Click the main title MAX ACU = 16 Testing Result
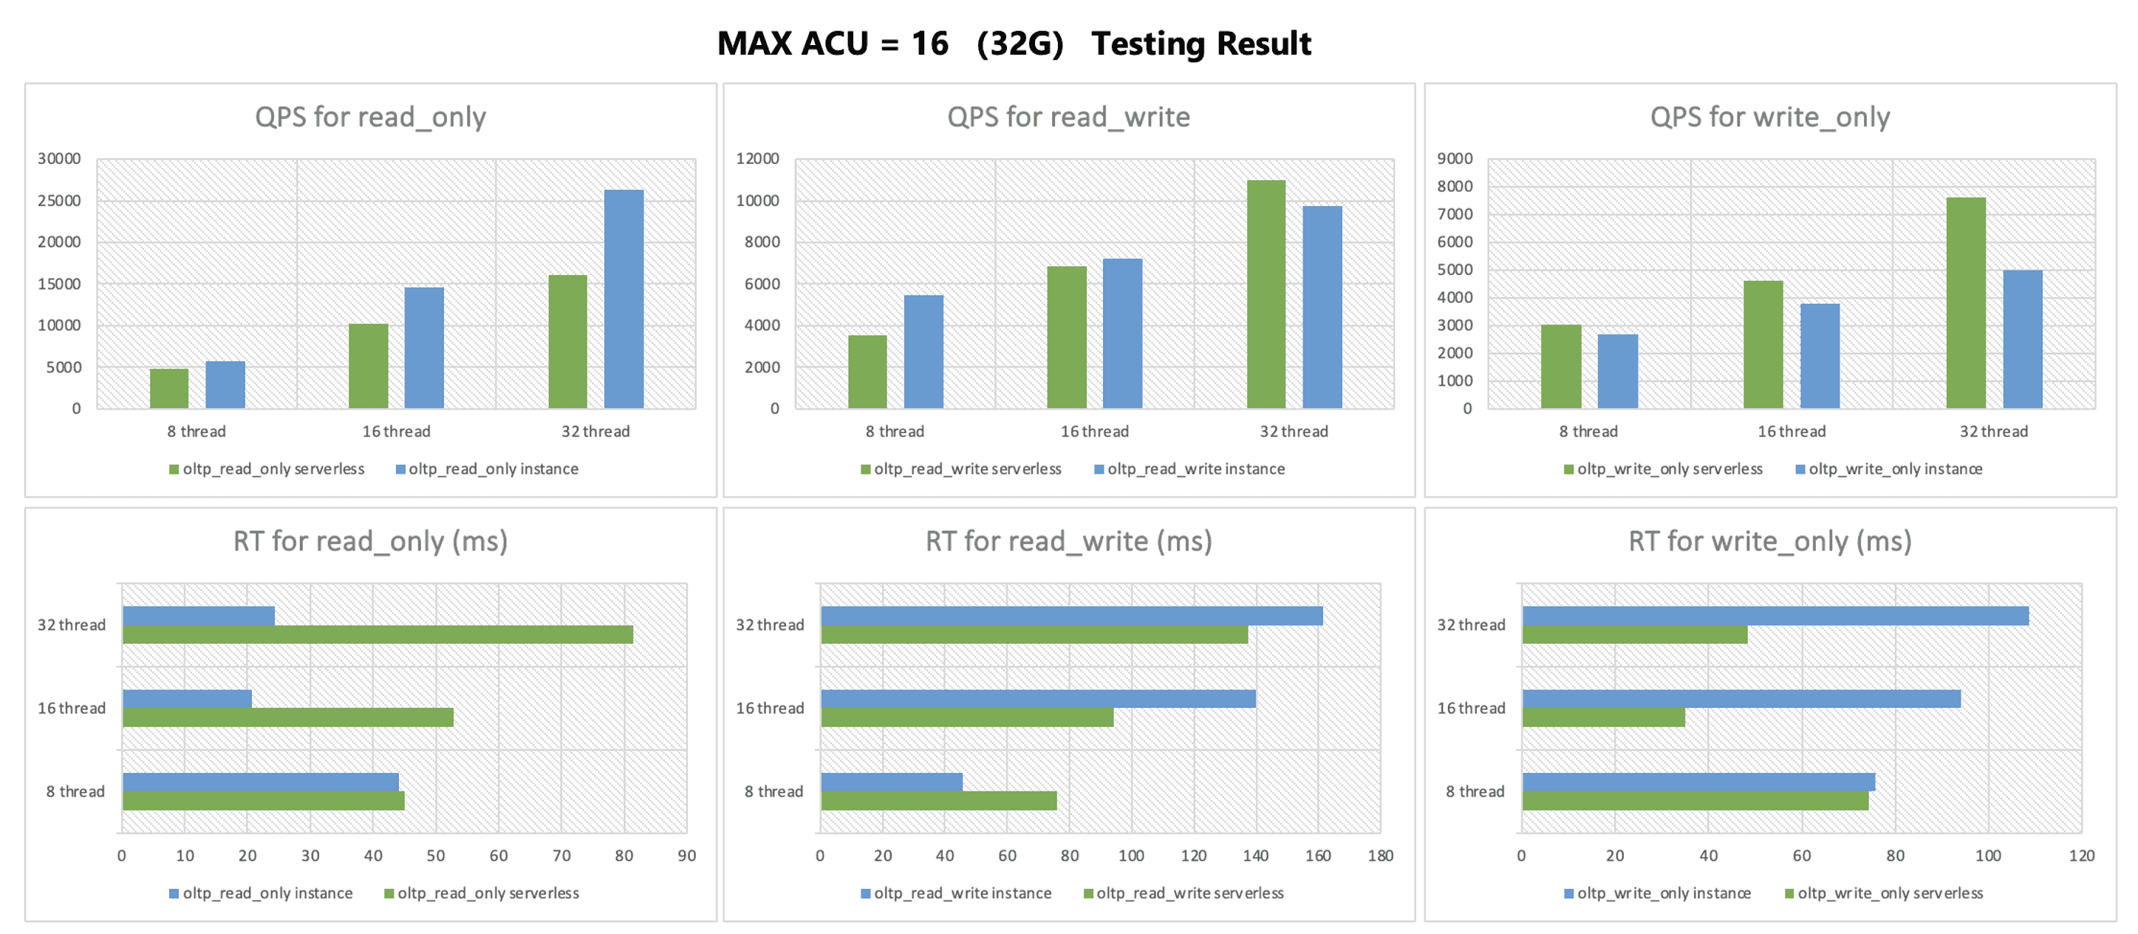(1014, 43)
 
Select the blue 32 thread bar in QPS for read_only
(624, 299)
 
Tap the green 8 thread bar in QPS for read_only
(169, 388)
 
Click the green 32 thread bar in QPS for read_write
(1266, 294)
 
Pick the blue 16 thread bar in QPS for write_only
(1820, 355)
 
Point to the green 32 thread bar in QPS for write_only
(1965, 302)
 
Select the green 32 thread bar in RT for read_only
(378, 634)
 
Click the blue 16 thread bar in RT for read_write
(1038, 698)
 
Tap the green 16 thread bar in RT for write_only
(1603, 717)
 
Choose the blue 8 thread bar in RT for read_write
(892, 781)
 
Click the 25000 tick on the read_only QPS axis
(59, 200)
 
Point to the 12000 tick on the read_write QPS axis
(758, 159)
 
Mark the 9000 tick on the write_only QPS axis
(1455, 159)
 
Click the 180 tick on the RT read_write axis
(1380, 855)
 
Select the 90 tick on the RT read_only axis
(686, 855)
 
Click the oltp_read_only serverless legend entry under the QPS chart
(267, 469)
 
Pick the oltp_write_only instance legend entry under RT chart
(1658, 893)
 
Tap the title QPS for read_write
(1068, 117)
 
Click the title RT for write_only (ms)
(1769, 542)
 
